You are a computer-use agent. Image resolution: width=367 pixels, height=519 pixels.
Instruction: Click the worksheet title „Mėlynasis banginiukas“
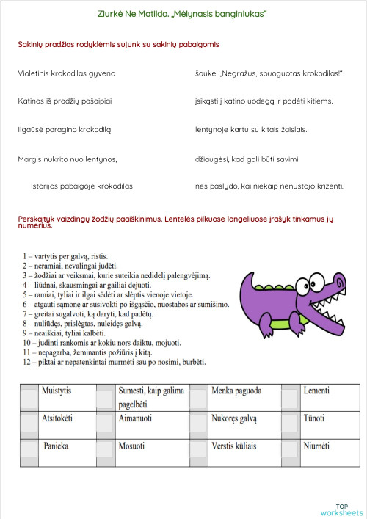tap(182, 13)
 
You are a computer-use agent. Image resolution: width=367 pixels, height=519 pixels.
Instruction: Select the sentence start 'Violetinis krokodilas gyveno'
tap(67, 73)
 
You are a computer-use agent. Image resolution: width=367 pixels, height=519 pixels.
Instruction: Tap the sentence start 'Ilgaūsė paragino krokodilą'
tap(64, 129)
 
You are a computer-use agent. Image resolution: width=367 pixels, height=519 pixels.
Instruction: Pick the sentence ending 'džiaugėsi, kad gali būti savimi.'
tap(247, 158)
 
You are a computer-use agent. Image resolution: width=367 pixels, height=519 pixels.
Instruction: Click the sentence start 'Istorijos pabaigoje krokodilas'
tap(81, 186)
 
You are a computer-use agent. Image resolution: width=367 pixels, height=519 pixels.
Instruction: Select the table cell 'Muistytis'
tap(58, 391)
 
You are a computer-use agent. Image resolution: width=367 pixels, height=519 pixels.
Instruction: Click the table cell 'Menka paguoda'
tap(236, 391)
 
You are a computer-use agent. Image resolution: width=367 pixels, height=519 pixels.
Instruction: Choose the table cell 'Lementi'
tap(316, 391)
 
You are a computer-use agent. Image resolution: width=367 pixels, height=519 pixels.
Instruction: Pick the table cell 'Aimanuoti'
tap(135, 418)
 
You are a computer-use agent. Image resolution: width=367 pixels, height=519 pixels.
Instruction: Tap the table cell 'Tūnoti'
tap(314, 418)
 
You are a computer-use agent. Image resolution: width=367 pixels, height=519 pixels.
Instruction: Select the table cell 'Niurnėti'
tap(316, 446)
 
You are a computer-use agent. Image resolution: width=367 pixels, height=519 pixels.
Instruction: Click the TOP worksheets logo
tap(341, 509)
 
